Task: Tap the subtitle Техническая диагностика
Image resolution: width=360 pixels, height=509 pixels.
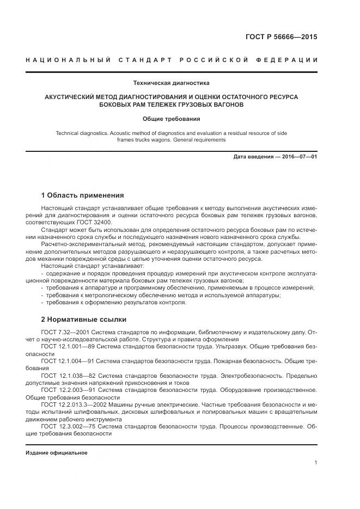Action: [x=171, y=83]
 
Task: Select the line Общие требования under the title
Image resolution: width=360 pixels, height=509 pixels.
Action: [x=171, y=119]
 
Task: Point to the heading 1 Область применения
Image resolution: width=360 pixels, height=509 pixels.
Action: [x=83, y=195]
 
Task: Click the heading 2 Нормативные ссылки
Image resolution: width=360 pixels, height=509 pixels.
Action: [x=84, y=320]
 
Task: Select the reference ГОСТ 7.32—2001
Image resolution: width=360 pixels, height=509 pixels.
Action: [x=65, y=332]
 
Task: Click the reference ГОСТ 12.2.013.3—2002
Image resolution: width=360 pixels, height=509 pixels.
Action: [x=75, y=405]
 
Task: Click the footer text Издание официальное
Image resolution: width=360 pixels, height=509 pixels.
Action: [x=57, y=453]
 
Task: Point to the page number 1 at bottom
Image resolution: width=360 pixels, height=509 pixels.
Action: [x=316, y=463]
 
